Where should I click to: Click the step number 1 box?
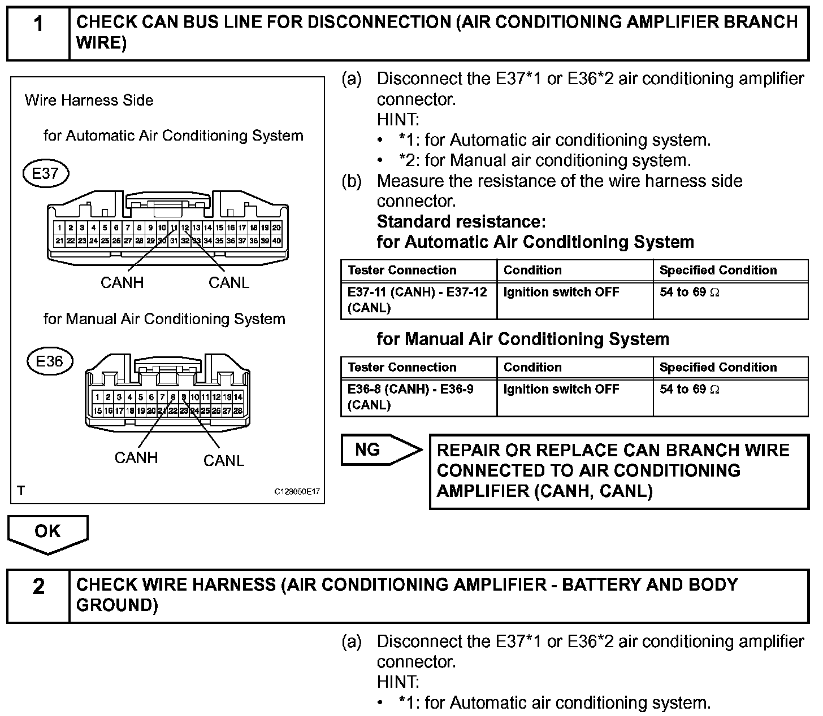click(38, 33)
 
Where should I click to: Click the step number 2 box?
click(38, 595)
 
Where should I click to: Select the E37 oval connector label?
click(45, 173)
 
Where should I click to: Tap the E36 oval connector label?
click(50, 361)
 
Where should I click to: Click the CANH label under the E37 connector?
click(122, 282)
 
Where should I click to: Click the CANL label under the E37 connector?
click(229, 282)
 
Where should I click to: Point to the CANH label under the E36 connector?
click(136, 457)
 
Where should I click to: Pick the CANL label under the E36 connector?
click(224, 461)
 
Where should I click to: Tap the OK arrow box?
click(47, 532)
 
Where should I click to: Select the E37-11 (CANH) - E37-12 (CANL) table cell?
click(418, 300)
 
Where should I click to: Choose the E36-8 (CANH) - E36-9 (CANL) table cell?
click(418, 397)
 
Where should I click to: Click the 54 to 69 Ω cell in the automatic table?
click(730, 300)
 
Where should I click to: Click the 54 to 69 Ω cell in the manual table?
click(730, 397)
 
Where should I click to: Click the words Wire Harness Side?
click(89, 101)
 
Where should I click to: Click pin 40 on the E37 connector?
click(276, 241)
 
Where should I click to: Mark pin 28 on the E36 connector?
click(238, 411)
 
